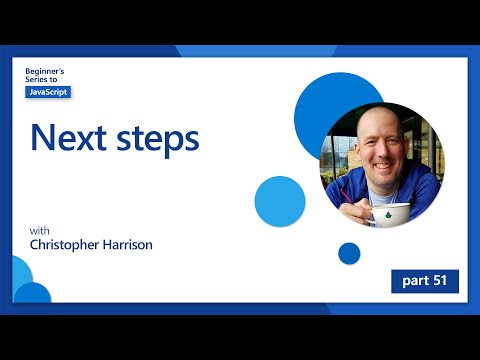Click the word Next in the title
coord(69,138)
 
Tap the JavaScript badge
coord(48,92)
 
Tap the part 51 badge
coord(424,281)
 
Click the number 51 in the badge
coord(440,281)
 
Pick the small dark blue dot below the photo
coord(349,254)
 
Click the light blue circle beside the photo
coord(279,201)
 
